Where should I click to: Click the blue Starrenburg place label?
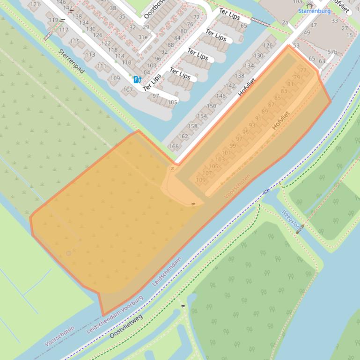[x=314, y=11]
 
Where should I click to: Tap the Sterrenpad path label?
[x=72, y=61]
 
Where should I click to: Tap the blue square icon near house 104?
[x=137, y=79]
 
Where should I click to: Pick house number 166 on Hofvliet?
[x=174, y=146]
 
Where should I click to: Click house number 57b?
[x=332, y=52]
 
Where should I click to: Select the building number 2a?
[x=285, y=22]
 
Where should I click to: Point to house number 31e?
[x=143, y=37]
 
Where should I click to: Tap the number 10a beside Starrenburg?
[x=297, y=2]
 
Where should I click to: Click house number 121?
[x=35, y=4]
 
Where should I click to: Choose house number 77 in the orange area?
[x=303, y=71]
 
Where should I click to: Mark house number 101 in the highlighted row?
[x=226, y=153]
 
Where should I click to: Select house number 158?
[x=192, y=126]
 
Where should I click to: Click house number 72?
[x=196, y=17]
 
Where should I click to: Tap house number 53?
[x=296, y=45]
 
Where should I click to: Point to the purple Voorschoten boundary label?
[x=59, y=336]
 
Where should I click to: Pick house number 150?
[x=212, y=106]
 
